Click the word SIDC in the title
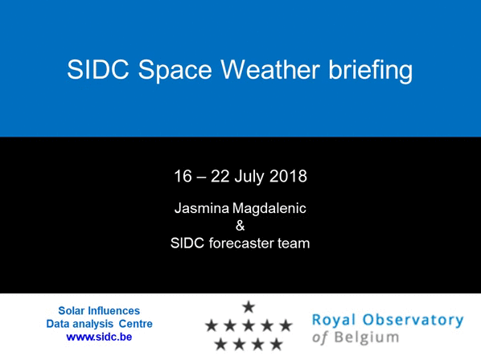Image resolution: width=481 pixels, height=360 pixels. click(98, 69)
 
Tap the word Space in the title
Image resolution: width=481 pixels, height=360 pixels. click(175, 72)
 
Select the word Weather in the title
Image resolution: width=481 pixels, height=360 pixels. click(270, 69)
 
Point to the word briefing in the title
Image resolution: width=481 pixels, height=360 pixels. click(371, 71)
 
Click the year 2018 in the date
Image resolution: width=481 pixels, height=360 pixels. click(288, 176)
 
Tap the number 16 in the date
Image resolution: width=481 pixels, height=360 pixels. click(183, 176)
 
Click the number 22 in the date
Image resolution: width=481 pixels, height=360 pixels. click(220, 176)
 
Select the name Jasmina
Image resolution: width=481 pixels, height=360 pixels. click(202, 208)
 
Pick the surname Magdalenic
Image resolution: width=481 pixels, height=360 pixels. click(269, 209)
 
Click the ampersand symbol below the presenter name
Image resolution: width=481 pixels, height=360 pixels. click(240, 226)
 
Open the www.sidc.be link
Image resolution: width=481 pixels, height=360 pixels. click(99, 337)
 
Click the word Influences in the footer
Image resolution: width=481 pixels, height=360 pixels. click(113, 311)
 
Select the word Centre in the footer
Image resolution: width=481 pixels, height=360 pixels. click(136, 324)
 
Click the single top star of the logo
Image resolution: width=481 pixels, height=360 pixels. click(249, 307)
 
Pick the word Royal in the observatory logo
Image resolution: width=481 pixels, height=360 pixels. click(334, 321)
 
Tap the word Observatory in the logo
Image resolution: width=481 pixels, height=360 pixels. click(413, 320)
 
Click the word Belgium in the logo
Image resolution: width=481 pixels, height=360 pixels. click(367, 337)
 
